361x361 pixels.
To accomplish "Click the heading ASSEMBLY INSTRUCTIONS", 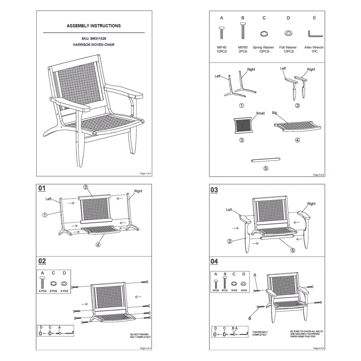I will tap(94, 26).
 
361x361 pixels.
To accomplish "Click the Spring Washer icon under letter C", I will tap(264, 33).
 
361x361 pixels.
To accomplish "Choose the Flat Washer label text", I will tap(288, 47).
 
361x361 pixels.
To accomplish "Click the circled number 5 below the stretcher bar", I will tap(266, 168).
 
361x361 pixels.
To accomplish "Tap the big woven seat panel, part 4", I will tap(297, 126).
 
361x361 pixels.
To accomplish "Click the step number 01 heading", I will tap(42, 189).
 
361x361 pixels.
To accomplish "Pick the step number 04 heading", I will tap(214, 261).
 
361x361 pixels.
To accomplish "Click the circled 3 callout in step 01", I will tap(85, 187).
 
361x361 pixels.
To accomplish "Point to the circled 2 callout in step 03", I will tap(230, 241).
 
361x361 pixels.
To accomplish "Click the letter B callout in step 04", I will tap(249, 319).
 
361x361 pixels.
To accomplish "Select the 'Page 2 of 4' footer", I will tap(319, 175).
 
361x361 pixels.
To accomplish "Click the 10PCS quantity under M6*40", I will tap(221, 51).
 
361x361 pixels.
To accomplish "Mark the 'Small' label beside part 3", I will tap(260, 113).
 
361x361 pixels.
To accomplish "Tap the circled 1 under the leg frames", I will tap(241, 105).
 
